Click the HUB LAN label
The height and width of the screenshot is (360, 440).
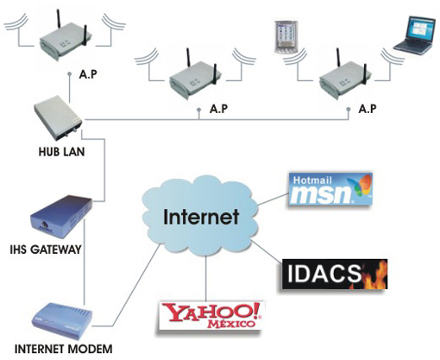[61, 152]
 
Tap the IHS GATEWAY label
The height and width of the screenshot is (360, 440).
[46, 249]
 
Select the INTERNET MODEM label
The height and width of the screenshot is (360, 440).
[64, 349]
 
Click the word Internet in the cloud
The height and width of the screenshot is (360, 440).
[201, 217]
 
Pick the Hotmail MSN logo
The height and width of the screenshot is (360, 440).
[330, 189]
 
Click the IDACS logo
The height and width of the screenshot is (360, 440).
[335, 274]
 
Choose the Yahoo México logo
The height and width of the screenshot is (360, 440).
[211, 315]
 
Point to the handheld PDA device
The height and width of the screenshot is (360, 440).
[286, 37]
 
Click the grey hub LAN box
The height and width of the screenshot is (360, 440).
[58, 117]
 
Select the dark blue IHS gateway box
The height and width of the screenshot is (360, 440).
[61, 217]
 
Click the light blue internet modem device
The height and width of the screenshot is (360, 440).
[63, 321]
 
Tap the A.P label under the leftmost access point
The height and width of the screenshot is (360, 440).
[88, 74]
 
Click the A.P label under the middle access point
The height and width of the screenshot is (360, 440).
[218, 109]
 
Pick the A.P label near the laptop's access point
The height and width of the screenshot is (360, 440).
[368, 109]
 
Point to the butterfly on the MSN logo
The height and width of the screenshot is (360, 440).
[360, 186]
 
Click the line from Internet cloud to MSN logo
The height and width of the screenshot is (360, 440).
[273, 199]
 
